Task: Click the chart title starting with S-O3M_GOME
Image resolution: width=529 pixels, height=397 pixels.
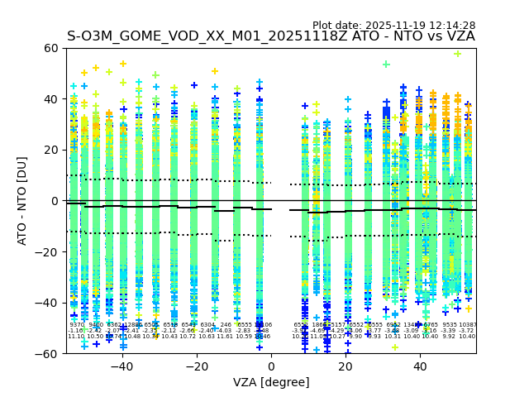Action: coord(271,36)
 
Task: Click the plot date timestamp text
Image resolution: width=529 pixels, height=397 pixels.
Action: coord(393,26)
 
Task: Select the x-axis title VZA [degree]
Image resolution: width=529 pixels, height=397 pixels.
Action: coord(271,382)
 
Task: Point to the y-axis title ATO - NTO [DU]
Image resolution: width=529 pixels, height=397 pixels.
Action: coord(23,201)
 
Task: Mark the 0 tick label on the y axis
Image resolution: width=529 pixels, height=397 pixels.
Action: coord(55,201)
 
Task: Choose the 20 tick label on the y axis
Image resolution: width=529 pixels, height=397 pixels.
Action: coord(51,151)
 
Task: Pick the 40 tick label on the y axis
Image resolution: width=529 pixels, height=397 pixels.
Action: coord(51,99)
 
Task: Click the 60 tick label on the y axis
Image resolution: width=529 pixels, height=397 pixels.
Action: coord(51,49)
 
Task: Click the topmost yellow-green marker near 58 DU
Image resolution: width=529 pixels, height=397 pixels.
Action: coord(457,54)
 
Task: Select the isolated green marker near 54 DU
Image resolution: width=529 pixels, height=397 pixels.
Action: coord(386,64)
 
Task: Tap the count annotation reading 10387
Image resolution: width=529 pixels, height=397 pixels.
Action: coord(468,325)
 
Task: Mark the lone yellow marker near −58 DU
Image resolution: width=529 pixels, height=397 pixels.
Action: coord(394,347)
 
